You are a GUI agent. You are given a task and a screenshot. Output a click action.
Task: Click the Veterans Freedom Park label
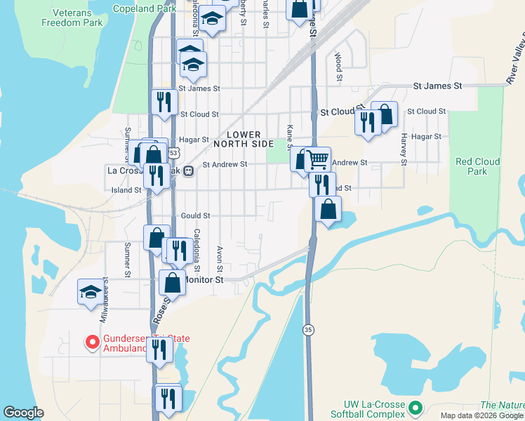(x=72, y=18)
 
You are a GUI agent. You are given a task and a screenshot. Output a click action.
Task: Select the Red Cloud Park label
(x=477, y=166)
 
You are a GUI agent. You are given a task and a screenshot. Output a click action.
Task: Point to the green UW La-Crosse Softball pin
(x=416, y=407)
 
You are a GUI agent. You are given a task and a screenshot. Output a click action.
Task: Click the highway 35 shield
(x=308, y=329)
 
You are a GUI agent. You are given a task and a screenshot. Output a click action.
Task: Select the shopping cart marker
(x=317, y=159)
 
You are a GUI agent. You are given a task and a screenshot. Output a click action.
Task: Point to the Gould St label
(x=195, y=216)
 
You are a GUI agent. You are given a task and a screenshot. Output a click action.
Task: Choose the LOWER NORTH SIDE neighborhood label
(x=243, y=139)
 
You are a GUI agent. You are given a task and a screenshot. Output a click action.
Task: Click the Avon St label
(x=220, y=259)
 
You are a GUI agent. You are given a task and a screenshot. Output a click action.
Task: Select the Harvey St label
(x=404, y=148)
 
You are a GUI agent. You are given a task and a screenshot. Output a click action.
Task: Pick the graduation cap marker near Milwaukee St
(x=91, y=292)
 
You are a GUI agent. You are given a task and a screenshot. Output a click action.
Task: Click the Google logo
(x=23, y=413)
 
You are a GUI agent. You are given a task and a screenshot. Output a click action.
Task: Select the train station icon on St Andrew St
(x=188, y=169)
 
